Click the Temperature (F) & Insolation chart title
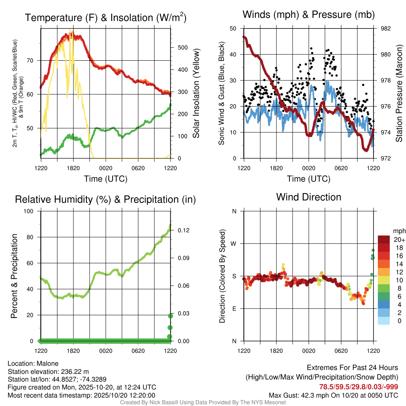105,17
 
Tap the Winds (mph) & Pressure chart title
308,15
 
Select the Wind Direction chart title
308,197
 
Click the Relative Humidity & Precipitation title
105,199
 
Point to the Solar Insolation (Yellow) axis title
196,94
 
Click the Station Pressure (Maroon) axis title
399,94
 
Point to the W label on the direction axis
234,243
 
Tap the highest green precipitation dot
170,316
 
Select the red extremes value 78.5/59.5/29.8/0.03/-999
359,387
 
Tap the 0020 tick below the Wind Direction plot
308,350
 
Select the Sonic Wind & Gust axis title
223,94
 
